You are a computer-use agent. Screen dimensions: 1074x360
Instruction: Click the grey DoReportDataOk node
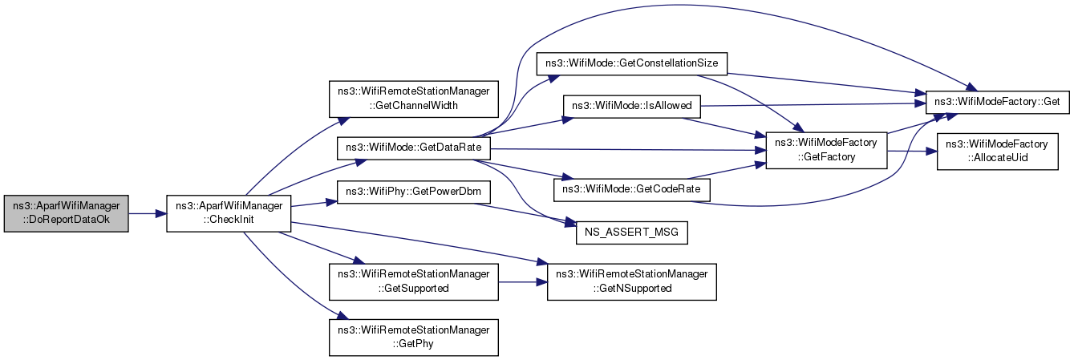point(66,213)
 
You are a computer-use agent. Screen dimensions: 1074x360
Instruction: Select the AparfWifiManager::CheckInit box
point(229,213)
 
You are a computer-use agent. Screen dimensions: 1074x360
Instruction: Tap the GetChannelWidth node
point(413,99)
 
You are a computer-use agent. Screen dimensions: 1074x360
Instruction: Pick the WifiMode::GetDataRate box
point(413,148)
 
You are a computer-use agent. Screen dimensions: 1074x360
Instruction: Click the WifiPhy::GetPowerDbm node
point(413,192)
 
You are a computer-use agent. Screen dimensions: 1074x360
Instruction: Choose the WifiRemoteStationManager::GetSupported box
point(413,282)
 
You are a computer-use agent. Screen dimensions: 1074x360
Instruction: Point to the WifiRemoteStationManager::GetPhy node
point(413,338)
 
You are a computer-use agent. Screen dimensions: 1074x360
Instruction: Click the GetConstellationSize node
point(631,64)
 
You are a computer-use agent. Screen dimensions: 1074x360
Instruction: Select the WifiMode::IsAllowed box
point(631,107)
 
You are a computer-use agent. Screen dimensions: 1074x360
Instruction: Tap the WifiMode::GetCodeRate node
point(631,190)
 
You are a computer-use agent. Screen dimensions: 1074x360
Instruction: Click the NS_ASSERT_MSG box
point(631,233)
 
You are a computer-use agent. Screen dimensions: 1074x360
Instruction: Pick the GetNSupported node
point(631,282)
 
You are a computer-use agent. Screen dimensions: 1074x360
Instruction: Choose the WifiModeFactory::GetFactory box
point(826,150)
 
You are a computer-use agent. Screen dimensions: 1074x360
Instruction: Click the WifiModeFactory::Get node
point(997,102)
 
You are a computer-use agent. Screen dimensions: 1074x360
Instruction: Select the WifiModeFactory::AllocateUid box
point(997,151)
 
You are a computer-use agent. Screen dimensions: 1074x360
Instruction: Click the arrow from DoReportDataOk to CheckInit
point(148,213)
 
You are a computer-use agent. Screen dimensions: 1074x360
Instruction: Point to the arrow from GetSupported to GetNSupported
point(523,282)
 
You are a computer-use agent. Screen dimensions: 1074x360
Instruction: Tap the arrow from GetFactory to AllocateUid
point(912,151)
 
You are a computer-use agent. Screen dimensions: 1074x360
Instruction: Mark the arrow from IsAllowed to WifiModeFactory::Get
point(813,104)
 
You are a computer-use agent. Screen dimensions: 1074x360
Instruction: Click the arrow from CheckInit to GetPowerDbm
point(314,204)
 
